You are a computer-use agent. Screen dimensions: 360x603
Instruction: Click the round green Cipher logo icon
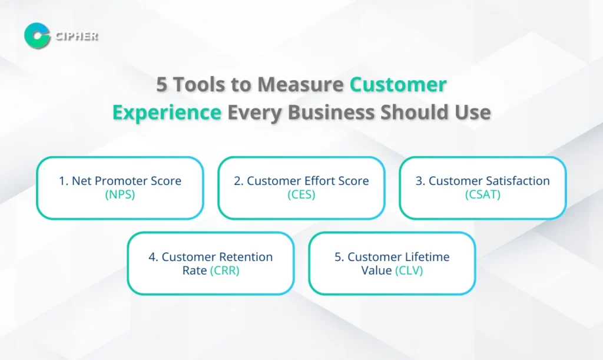point(37,35)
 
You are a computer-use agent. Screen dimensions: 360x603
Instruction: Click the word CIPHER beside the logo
point(77,36)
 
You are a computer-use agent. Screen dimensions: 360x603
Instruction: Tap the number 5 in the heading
point(161,85)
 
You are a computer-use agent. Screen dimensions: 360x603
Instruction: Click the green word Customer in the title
point(398,85)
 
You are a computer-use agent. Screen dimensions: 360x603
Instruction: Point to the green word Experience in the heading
point(167,112)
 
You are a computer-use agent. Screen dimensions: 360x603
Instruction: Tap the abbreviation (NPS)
point(120,194)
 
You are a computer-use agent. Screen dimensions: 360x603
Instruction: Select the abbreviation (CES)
point(301,194)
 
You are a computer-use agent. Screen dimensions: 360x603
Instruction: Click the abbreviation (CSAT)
point(482,194)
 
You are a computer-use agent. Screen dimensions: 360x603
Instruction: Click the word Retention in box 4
point(246,257)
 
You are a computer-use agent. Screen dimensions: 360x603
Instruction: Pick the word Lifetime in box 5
point(427,257)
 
